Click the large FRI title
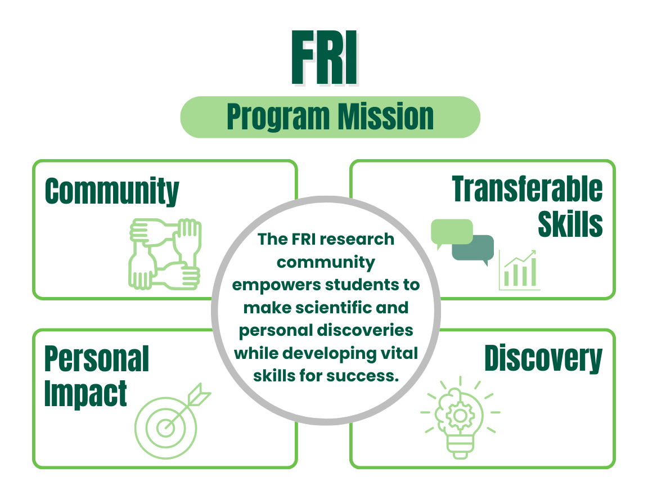point(325,59)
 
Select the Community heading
point(112,191)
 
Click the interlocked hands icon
point(164,254)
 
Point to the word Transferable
point(527,189)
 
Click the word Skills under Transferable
point(570,223)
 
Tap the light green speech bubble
point(451,231)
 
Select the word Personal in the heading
point(97,359)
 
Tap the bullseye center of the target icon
point(165,427)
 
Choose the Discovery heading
point(543,359)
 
